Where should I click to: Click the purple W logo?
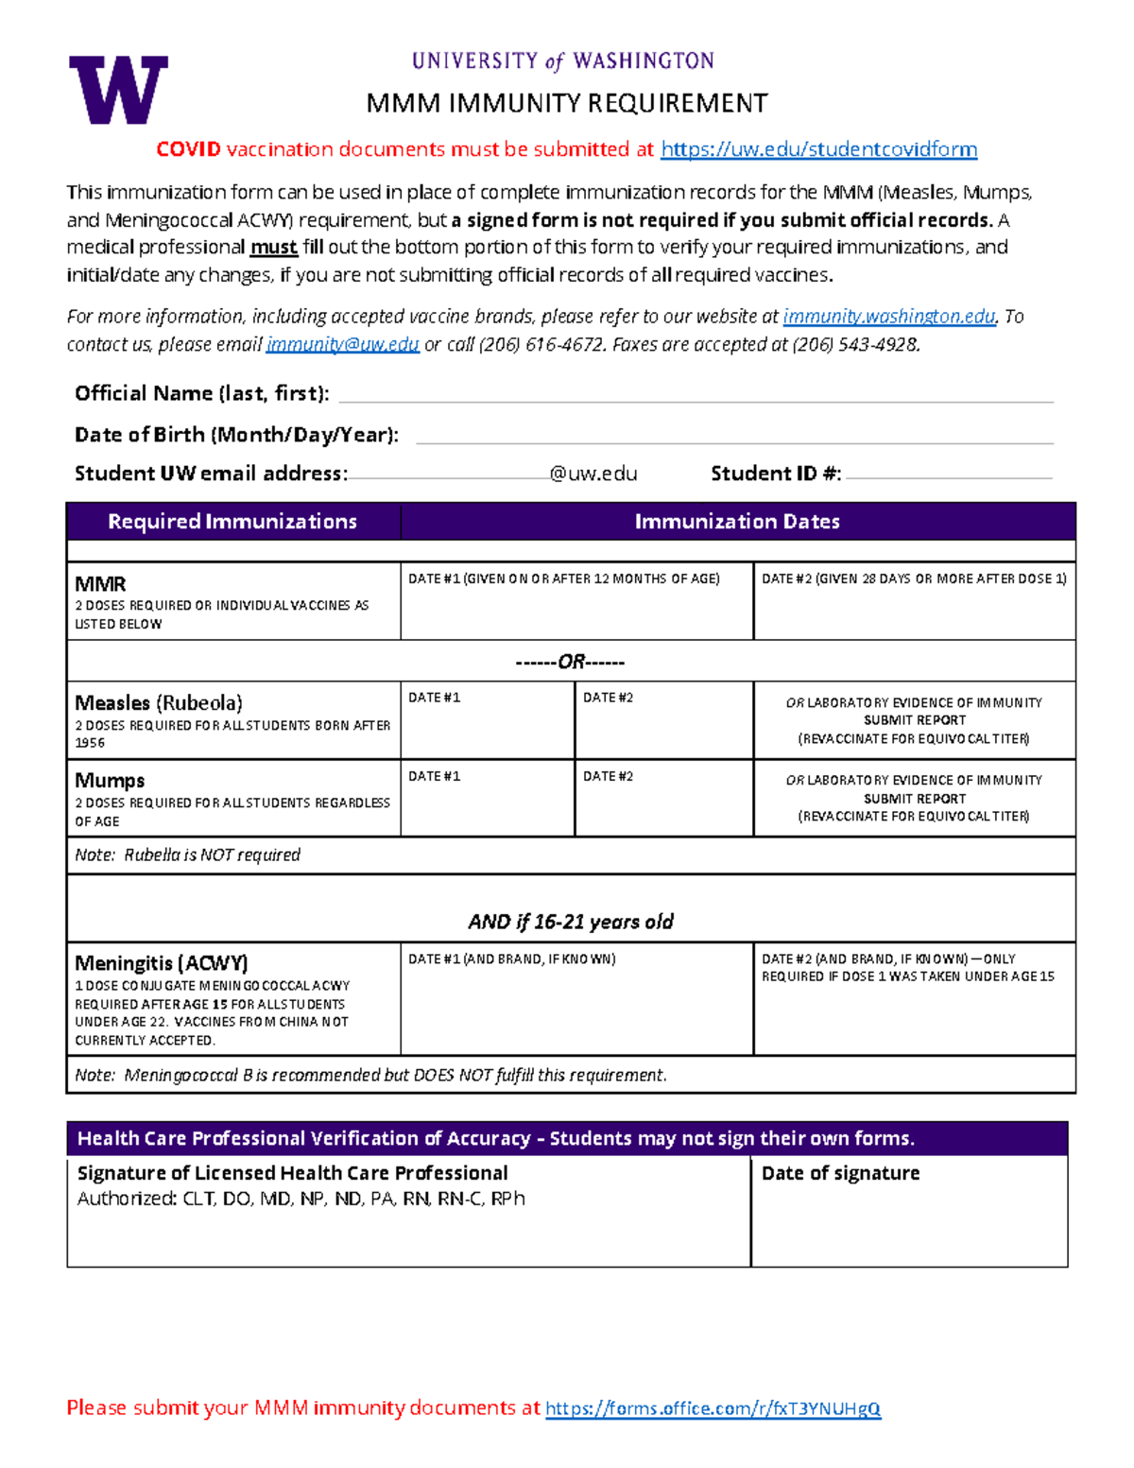coord(118,90)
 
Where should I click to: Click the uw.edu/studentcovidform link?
coord(818,149)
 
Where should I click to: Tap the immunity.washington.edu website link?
coord(888,317)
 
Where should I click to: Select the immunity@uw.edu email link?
coord(342,345)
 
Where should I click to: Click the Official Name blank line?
coord(695,394)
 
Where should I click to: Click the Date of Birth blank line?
coord(733,436)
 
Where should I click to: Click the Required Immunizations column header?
coord(232,522)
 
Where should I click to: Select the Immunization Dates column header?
coord(737,522)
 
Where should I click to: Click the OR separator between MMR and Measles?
coord(571,662)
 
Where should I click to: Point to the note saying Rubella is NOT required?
coord(188,855)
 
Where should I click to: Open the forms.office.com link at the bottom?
coord(713,1408)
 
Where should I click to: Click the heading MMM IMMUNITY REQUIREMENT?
coord(567,103)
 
